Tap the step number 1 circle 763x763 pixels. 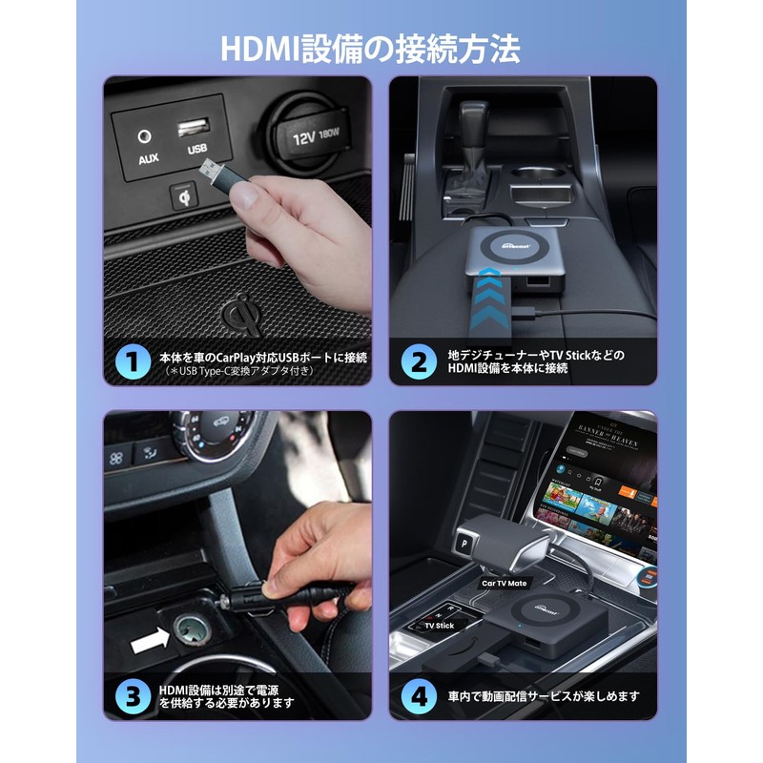coord(134,361)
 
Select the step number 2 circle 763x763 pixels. coord(419,361)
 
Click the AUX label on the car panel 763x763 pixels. coord(148,158)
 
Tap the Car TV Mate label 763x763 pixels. coord(505,582)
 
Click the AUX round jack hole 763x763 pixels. coord(146,137)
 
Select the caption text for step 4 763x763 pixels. coord(545,696)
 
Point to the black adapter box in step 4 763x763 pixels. coord(534,625)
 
